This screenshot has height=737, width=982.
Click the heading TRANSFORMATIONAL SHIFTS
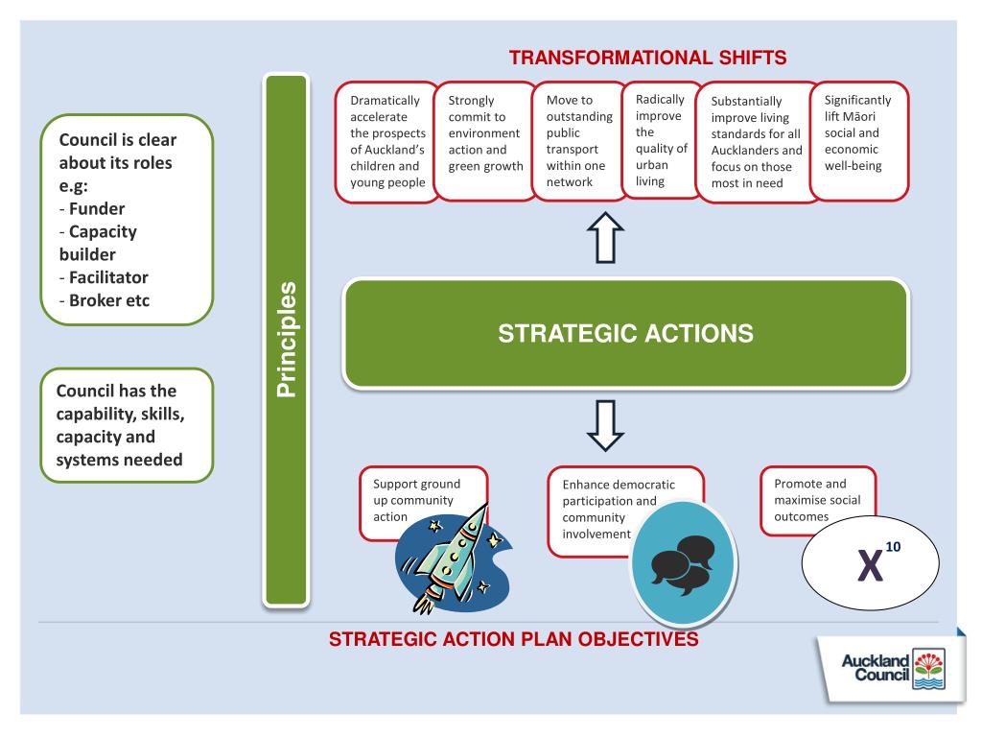point(647,59)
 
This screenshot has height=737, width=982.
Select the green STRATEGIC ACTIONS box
point(625,334)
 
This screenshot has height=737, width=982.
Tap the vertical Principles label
point(287,340)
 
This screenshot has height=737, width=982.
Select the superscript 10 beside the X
point(893,547)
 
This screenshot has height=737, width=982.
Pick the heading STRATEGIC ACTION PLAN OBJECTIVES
point(513,639)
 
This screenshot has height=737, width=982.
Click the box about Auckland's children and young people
point(387,141)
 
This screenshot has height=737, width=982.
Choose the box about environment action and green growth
point(485,141)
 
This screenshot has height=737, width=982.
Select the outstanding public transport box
point(578,141)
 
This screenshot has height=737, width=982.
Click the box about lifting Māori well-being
point(858,141)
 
